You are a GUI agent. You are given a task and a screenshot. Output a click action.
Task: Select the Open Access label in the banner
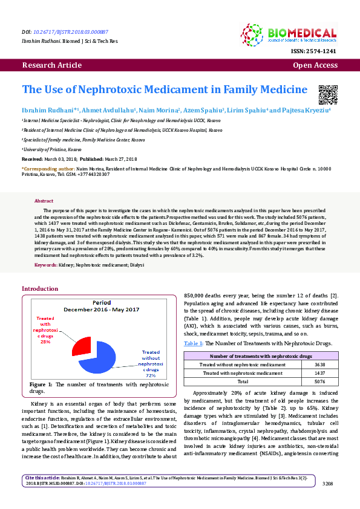315,65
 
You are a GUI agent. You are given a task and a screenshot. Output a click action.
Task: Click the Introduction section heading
40,289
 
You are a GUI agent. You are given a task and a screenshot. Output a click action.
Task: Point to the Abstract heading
44,201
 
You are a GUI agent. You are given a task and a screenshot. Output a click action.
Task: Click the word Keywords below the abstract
46,265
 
